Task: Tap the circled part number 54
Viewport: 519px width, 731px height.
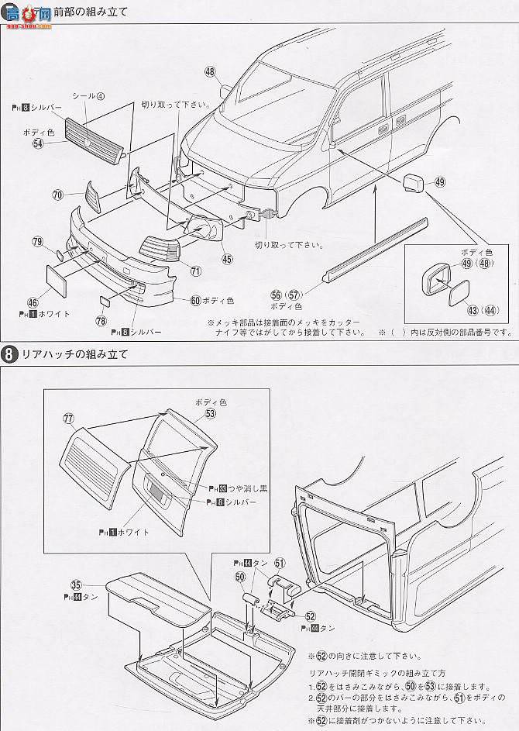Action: (x=38, y=144)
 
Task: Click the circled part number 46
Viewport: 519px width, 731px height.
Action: (x=33, y=303)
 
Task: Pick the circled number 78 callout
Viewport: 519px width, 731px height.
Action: (x=101, y=320)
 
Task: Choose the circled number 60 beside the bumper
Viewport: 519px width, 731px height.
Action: (x=195, y=299)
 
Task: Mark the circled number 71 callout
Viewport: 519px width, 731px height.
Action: (x=196, y=271)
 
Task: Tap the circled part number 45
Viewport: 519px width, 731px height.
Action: (x=226, y=259)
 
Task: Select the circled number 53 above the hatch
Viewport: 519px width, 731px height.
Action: (x=211, y=413)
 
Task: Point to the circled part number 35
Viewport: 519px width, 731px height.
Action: (x=76, y=585)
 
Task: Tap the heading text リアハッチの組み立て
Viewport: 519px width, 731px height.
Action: (x=74, y=354)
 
